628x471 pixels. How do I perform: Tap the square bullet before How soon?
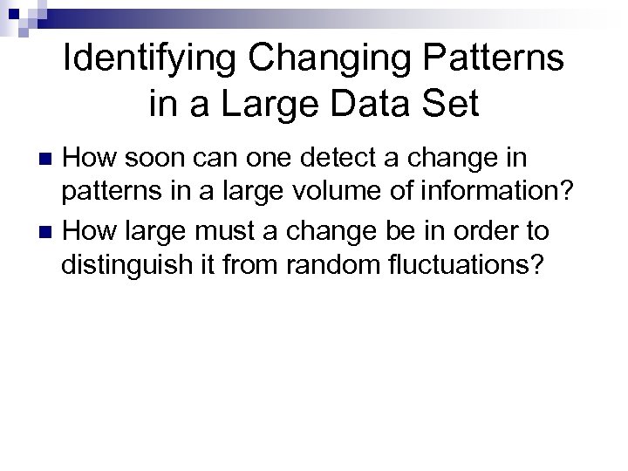pos(48,159)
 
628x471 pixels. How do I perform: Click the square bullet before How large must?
pos(48,233)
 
